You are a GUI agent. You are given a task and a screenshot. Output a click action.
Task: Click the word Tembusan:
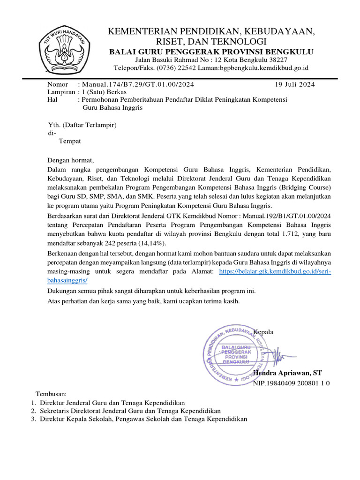(x=51, y=394)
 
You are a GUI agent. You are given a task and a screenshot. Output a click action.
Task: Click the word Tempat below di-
(x=69, y=141)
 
